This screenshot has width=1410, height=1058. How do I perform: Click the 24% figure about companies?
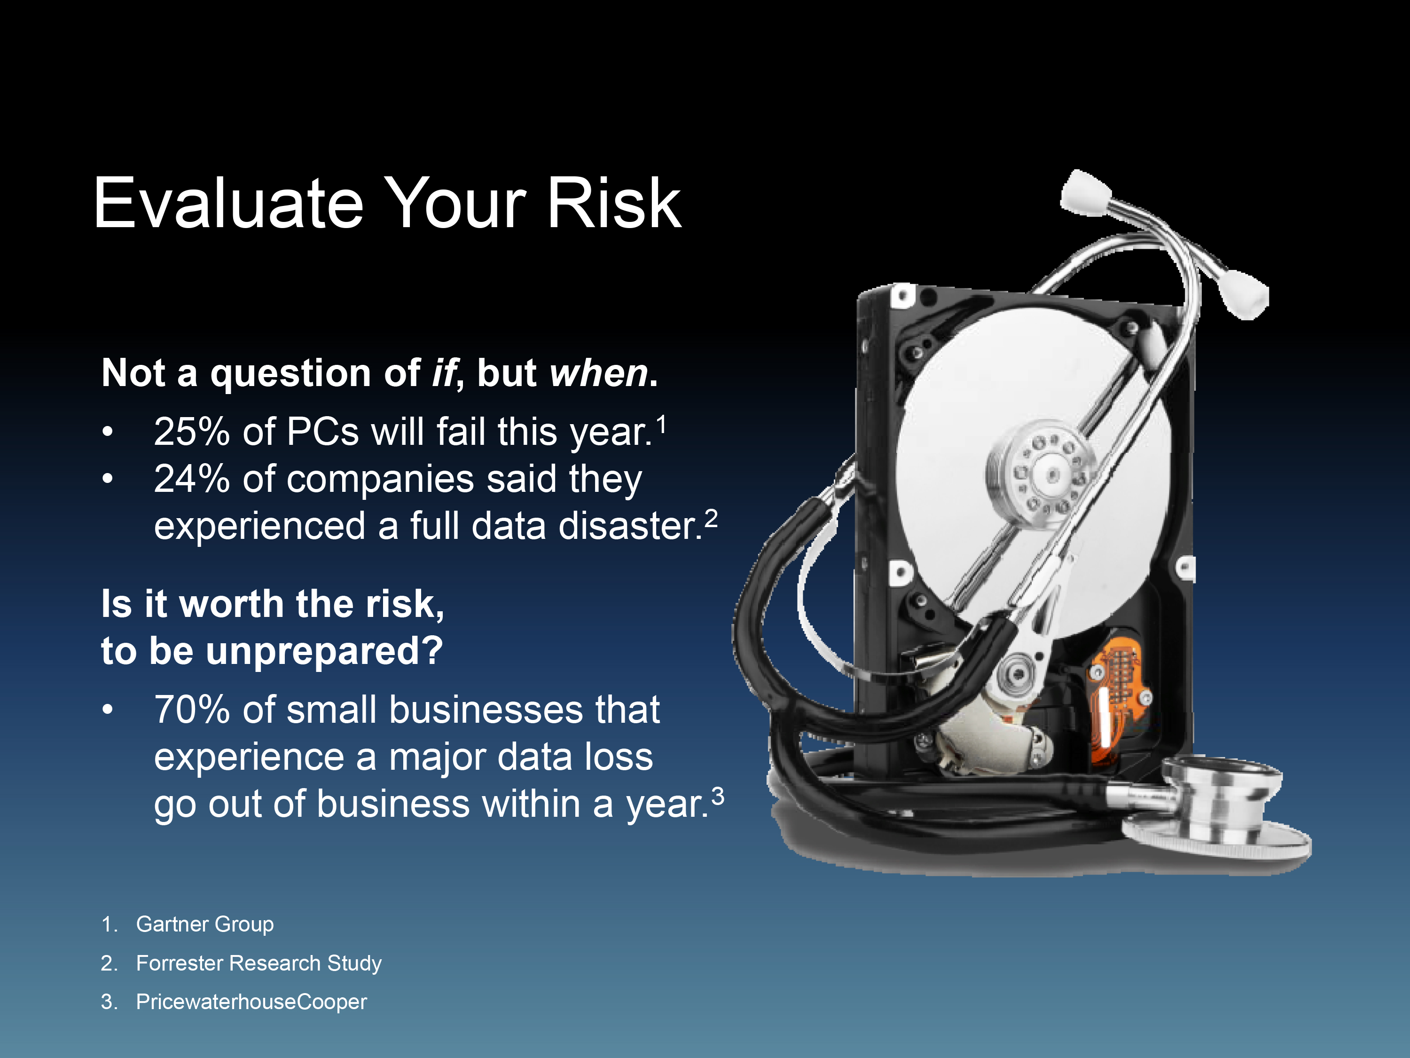click(192, 479)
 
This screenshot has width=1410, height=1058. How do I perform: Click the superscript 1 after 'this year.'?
click(662, 424)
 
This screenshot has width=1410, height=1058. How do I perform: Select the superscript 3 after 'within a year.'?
click(718, 796)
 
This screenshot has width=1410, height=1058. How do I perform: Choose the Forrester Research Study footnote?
click(259, 963)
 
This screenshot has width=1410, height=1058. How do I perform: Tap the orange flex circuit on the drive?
click(1117, 695)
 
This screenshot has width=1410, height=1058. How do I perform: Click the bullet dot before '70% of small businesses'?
click(108, 709)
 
